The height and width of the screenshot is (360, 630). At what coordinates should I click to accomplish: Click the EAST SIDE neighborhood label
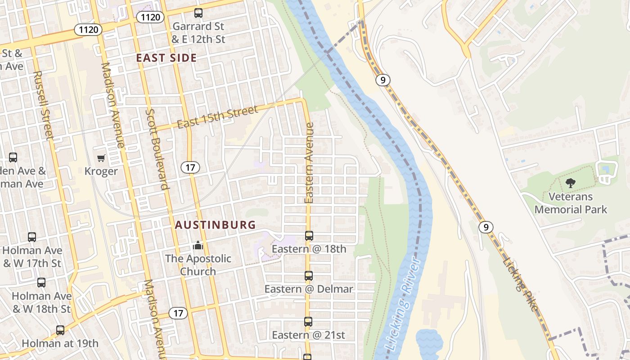[166, 58]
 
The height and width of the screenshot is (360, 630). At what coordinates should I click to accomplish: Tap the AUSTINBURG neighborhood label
[215, 225]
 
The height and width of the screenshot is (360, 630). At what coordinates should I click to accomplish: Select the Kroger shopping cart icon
[101, 158]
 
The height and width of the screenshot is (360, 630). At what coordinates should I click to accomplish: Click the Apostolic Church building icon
[198, 245]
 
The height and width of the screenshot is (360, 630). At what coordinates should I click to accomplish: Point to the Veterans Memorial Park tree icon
[571, 183]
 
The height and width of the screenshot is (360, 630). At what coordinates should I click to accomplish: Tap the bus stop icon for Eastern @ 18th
[309, 235]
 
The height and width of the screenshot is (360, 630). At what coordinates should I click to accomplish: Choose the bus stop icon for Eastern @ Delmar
[309, 276]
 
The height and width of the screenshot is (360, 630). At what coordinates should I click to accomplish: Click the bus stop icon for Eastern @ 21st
[308, 322]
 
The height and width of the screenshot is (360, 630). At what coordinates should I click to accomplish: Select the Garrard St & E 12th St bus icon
[198, 13]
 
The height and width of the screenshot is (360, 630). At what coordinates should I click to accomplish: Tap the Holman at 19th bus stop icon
[60, 330]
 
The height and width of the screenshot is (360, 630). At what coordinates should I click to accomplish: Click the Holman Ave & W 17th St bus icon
[32, 237]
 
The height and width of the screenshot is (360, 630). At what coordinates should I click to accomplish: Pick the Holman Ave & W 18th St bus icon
[41, 283]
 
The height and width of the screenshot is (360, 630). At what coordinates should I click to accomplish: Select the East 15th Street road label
[217, 117]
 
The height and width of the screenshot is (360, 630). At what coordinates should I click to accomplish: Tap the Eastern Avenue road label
[309, 163]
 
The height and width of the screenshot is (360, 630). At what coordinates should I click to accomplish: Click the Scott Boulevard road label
[157, 148]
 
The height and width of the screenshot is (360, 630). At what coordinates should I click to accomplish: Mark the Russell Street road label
[43, 105]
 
